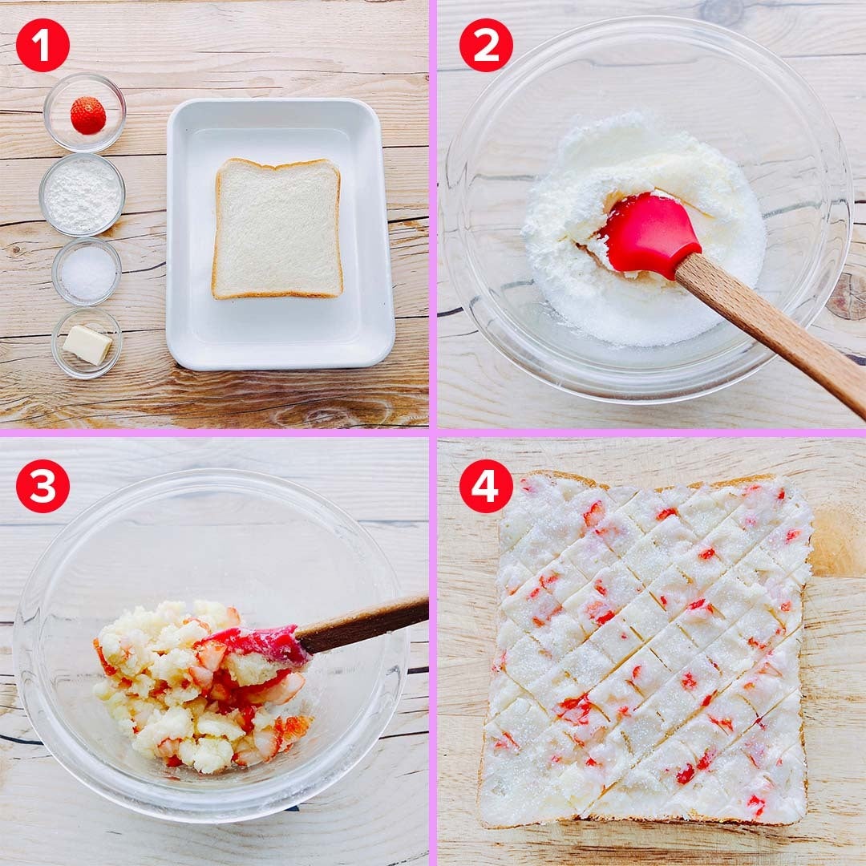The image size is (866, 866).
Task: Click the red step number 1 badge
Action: pyautogui.click(x=42, y=45)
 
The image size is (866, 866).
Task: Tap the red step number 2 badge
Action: pyautogui.click(x=486, y=45)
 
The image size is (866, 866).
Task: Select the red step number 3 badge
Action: pyautogui.click(x=42, y=486)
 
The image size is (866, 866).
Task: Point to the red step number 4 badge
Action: pyautogui.click(x=486, y=486)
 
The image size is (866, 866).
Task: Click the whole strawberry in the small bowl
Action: pyautogui.click(x=88, y=115)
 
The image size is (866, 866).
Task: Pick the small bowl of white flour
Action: pyautogui.click(x=83, y=194)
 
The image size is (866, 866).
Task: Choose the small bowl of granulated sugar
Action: pyautogui.click(x=87, y=272)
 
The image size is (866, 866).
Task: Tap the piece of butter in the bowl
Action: pyautogui.click(x=87, y=345)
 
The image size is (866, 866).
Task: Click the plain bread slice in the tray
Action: pyautogui.click(x=277, y=229)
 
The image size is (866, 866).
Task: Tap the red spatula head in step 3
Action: pyautogui.click(x=260, y=644)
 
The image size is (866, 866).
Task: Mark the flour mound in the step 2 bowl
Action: pyautogui.click(x=635, y=221)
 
